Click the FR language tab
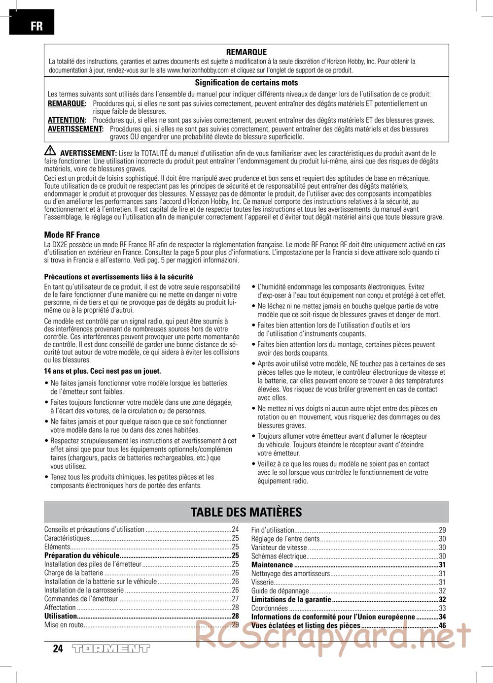(36, 26)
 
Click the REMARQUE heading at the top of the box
(246, 52)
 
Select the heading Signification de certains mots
(246, 83)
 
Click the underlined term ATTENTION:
(67, 120)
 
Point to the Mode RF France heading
(72, 235)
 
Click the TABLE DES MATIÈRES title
(246, 512)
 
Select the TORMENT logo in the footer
(110, 649)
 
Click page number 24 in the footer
(58, 649)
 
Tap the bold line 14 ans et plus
(103, 371)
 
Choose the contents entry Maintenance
(272, 565)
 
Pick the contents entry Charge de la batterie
(74, 573)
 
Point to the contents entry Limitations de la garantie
(291, 599)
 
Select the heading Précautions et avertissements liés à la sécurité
(118, 277)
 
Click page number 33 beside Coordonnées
(442, 608)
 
